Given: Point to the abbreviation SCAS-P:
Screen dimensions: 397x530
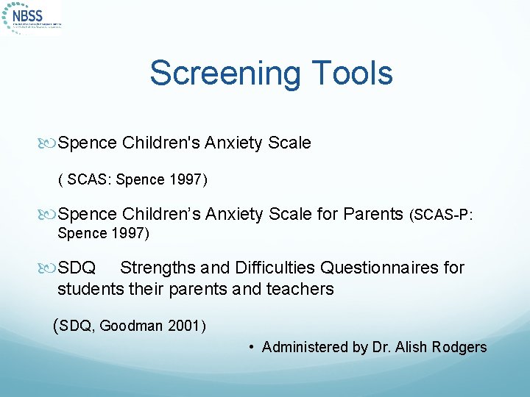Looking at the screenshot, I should pyautogui.click(x=441, y=215).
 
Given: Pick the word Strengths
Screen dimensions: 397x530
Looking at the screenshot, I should pyautogui.click(x=158, y=268).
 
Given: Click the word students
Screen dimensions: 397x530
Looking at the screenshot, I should pyautogui.click(x=89, y=289).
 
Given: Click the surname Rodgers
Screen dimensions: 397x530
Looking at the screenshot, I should pyautogui.click(x=461, y=347).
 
